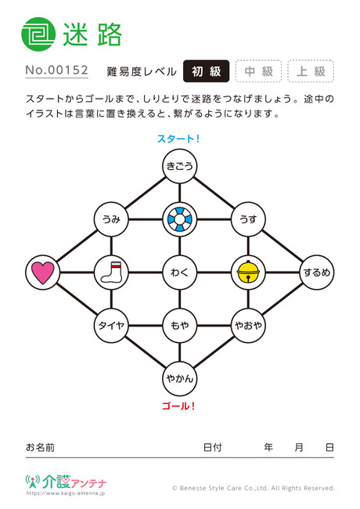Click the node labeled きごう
(180, 166)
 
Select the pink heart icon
(43, 273)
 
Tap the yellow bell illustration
(248, 272)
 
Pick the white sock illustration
(111, 272)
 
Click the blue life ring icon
(180, 219)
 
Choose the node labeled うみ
(111, 219)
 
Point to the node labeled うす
(248, 219)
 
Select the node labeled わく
(180, 272)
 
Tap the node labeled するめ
(316, 272)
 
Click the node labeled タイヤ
(111, 325)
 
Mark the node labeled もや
(180, 325)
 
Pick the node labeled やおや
(248, 325)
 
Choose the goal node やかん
(180, 378)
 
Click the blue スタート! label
(178, 139)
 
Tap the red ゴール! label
(178, 406)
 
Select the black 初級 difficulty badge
(207, 71)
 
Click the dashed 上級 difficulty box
(311, 71)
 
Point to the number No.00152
(57, 70)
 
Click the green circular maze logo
(38, 34)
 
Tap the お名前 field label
(40, 447)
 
